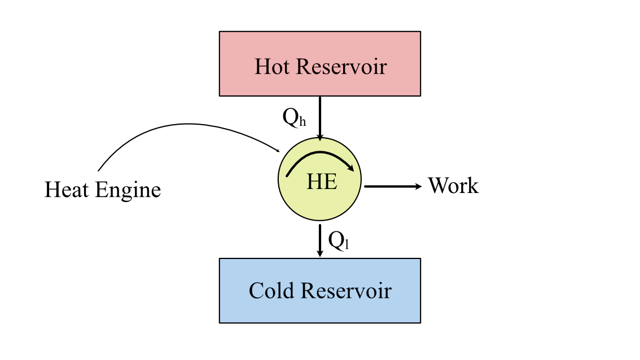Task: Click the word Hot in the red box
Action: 273,67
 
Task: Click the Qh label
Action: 293,117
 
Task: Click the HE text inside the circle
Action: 322,182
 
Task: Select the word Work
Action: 453,186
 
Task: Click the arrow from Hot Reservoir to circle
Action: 320,116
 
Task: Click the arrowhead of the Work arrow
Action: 419,186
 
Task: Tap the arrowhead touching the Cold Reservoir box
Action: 320,254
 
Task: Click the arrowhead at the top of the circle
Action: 320,137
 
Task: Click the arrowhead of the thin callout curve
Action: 278,150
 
